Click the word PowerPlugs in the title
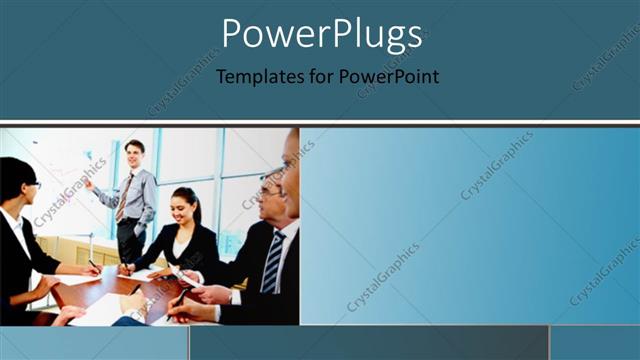point(321,35)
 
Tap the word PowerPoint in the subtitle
point(387,76)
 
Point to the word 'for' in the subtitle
point(318,76)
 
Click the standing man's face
point(134,155)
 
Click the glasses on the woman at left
point(32,184)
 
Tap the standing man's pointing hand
point(88,183)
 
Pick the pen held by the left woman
point(91,264)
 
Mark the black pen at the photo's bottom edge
point(181,298)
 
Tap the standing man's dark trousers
point(130,241)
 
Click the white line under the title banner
point(320,124)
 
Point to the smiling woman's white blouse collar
point(180,231)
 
